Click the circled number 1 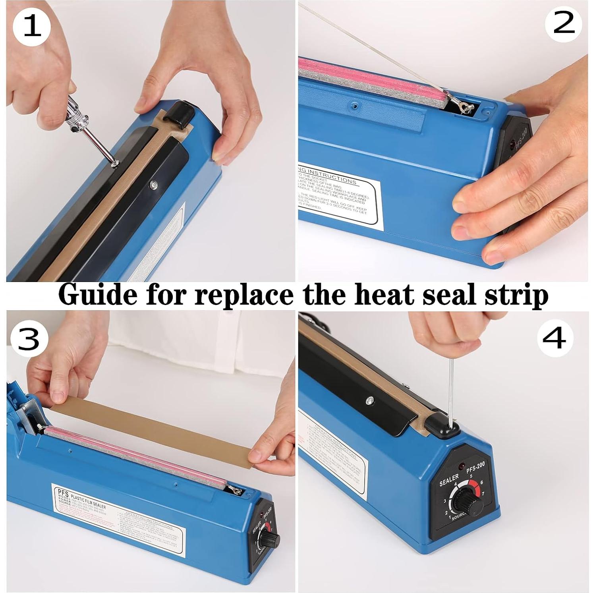click(x=32, y=27)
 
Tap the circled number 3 click(x=29, y=340)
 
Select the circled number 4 click(x=555, y=338)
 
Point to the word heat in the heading click(x=384, y=295)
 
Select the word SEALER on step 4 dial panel click(x=449, y=480)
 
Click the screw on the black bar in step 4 click(x=369, y=401)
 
